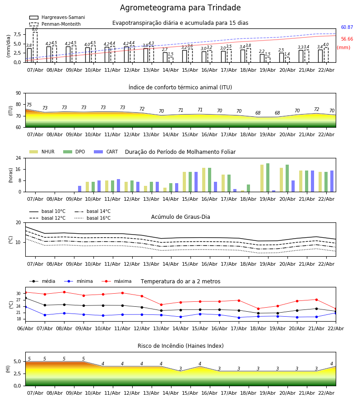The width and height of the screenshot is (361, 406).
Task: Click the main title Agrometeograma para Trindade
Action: coord(180,8)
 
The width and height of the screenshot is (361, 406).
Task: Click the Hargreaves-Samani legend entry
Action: coord(63,18)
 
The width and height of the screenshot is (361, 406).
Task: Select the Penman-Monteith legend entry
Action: coord(61,24)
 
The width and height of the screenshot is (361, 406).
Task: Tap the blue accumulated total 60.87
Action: coord(347,28)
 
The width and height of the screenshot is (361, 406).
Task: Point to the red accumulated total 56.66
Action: coord(347,39)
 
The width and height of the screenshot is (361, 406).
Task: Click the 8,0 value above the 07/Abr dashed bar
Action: coord(35,29)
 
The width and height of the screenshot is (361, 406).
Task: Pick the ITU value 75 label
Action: coord(29,105)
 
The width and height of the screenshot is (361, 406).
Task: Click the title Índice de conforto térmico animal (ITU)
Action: coord(180,88)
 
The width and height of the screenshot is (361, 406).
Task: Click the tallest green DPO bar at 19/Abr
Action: coord(268,177)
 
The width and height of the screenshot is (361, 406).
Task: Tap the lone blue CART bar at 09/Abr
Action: coord(80,189)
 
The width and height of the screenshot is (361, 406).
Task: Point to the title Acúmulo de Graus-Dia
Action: coord(180,217)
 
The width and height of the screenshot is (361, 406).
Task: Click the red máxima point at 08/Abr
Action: coord(64,292)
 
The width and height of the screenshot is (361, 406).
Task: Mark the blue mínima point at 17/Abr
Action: coord(239,318)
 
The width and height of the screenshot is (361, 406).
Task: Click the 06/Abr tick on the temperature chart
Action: coord(25,328)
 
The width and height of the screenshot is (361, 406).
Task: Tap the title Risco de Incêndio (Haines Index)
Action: coord(180,346)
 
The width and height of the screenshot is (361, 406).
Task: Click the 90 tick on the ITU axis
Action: coord(19,93)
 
